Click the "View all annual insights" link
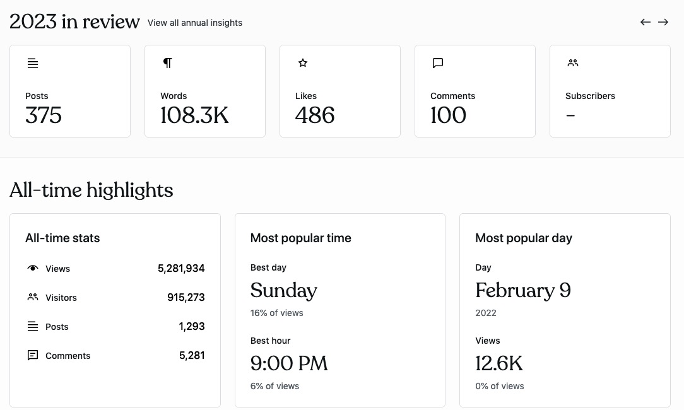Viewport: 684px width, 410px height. point(194,23)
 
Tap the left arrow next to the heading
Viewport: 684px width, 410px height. point(646,22)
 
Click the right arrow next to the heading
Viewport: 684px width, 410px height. point(663,22)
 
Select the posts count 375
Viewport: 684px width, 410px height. point(44,115)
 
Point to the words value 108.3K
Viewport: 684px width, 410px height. point(194,115)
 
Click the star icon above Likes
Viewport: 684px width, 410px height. point(303,63)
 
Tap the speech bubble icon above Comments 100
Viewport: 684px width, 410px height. point(438,63)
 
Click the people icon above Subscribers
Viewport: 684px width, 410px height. point(573,63)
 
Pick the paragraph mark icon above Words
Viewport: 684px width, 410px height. point(167,63)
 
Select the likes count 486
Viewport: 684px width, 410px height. point(315,115)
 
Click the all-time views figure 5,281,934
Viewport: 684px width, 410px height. point(181,269)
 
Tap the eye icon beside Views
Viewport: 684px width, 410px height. point(33,268)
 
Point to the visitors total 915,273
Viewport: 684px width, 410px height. point(186,298)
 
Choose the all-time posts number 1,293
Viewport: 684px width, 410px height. point(192,327)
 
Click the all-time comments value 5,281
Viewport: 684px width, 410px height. point(192,356)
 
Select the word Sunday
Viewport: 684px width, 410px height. point(283,291)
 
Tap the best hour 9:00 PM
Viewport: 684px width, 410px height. point(289,364)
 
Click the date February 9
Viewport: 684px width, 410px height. point(522,291)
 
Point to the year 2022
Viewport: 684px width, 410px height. point(486,313)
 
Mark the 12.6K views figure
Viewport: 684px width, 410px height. point(498,364)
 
